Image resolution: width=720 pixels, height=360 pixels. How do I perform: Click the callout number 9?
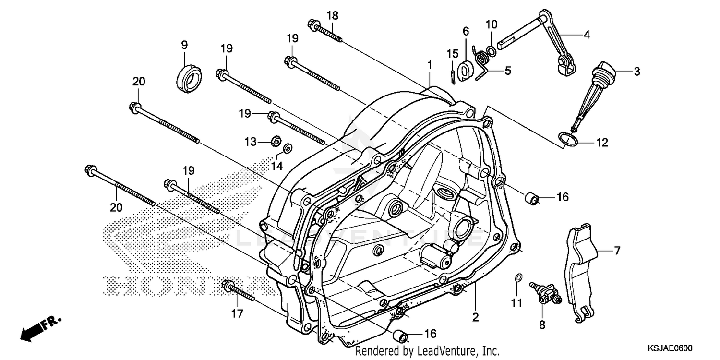point(184,45)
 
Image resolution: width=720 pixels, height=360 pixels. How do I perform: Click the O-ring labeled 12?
point(568,139)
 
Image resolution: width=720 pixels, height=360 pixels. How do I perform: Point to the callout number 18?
point(332,16)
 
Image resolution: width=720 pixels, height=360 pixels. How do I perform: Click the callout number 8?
point(542,325)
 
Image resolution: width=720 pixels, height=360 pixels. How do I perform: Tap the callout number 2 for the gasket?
point(475,317)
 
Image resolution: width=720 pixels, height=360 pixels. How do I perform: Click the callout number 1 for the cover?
point(430,64)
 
